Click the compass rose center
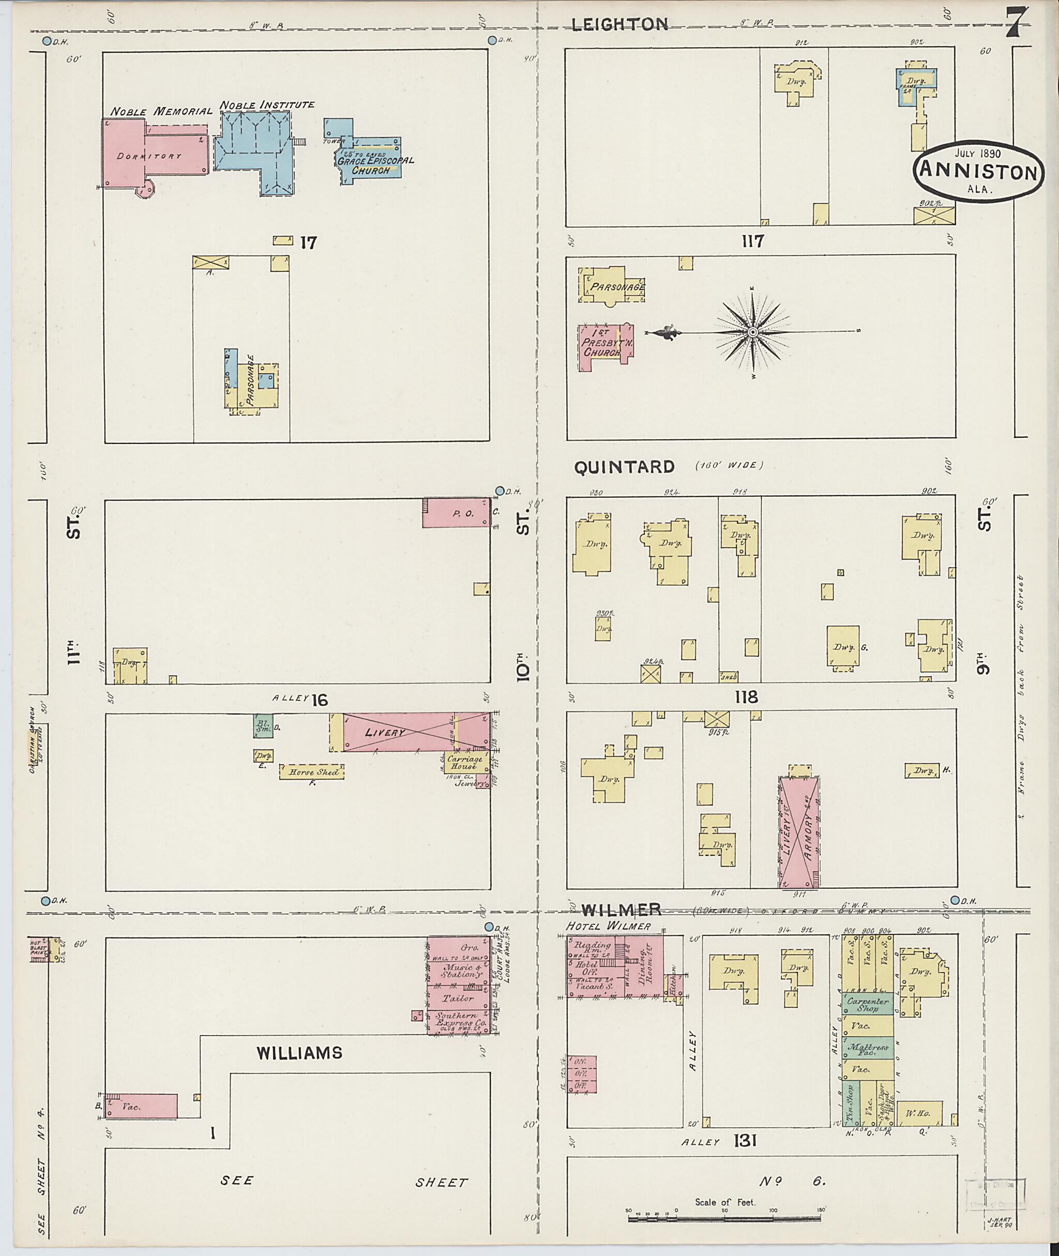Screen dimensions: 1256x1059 pyautogui.click(x=753, y=332)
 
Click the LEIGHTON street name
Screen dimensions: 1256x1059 pyautogui.click(x=619, y=24)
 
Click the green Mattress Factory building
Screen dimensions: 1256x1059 pyautogui.click(x=868, y=1048)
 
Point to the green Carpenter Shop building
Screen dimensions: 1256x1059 pyautogui.click(x=868, y=1004)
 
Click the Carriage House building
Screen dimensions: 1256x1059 pyautogui.click(x=464, y=763)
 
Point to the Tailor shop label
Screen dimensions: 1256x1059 pyautogui.click(x=459, y=998)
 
